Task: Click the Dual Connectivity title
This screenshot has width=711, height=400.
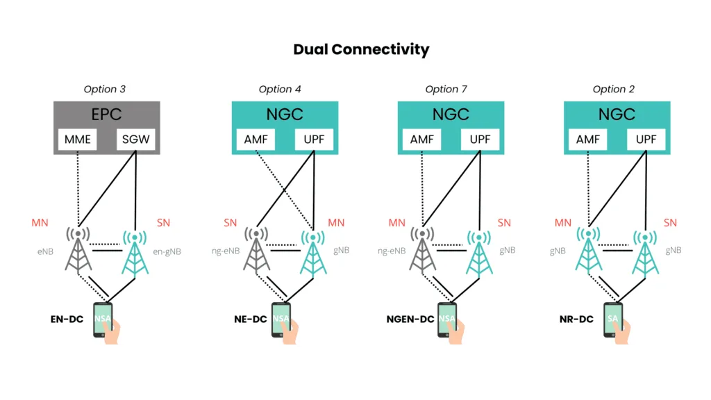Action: tap(361, 49)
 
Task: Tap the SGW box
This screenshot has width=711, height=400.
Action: tap(135, 140)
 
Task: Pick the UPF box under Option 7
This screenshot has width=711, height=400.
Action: tap(480, 140)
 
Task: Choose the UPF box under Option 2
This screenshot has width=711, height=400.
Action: tap(646, 140)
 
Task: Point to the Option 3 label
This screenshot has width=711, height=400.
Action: tap(105, 89)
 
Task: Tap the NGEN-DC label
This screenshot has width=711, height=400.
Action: tap(410, 320)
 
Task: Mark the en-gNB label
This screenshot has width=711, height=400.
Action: tap(167, 251)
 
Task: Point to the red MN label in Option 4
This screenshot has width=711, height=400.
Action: tap(336, 223)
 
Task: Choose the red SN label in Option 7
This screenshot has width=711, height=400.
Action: tap(503, 223)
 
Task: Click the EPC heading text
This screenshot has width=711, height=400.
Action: tap(107, 113)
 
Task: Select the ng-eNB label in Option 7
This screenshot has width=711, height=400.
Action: tap(392, 251)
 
